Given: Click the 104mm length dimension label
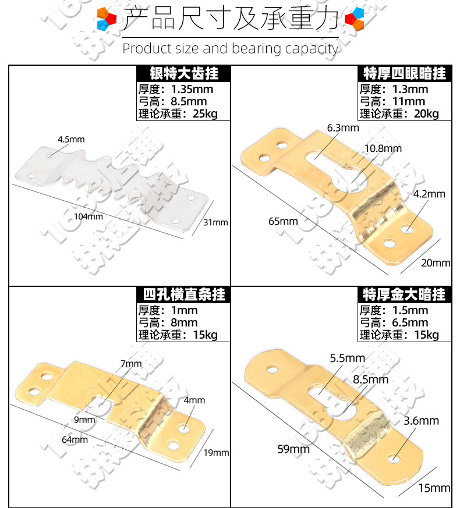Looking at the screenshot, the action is click(x=88, y=216).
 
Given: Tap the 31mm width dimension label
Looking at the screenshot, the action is click(x=216, y=222).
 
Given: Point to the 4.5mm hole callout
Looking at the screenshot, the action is click(x=71, y=140).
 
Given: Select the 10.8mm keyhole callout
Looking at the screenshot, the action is click(x=383, y=148).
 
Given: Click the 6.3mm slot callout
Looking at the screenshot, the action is click(x=343, y=127).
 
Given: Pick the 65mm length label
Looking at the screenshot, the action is click(x=283, y=221).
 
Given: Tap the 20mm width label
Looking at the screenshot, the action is click(x=435, y=263).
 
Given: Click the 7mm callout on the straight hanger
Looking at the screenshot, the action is click(x=131, y=364).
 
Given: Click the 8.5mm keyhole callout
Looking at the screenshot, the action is click(x=370, y=379).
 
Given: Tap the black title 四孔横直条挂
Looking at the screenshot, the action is click(x=184, y=294).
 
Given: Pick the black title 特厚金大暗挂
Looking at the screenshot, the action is click(x=405, y=294).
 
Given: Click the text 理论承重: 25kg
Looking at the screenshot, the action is click(x=178, y=114).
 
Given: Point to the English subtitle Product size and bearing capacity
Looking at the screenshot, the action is click(x=230, y=48).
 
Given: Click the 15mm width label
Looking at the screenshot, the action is click(x=435, y=488).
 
